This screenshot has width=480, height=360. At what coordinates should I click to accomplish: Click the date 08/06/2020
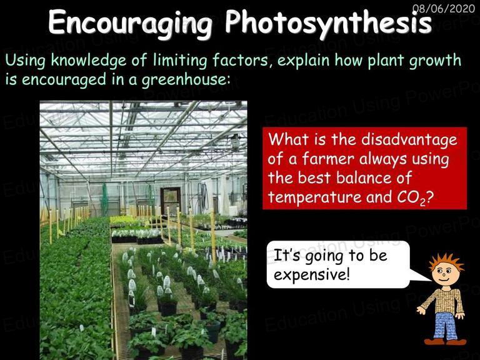pyautogui.click(x=444, y=8)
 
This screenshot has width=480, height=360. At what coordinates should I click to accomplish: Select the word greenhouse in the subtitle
pyautogui.click(x=186, y=79)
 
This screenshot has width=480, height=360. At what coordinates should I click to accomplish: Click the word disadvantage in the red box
pyautogui.click(x=409, y=139)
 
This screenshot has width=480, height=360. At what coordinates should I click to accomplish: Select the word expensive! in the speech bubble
pyautogui.click(x=312, y=274)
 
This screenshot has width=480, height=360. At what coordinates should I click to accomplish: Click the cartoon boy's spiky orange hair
pyautogui.click(x=446, y=262)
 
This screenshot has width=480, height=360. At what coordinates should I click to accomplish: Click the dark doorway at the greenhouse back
pyautogui.click(x=170, y=201)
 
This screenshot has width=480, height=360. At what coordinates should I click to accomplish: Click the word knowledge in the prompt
pyautogui.click(x=89, y=60)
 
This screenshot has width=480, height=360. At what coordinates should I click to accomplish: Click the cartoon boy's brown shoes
pyautogui.click(x=446, y=342)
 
